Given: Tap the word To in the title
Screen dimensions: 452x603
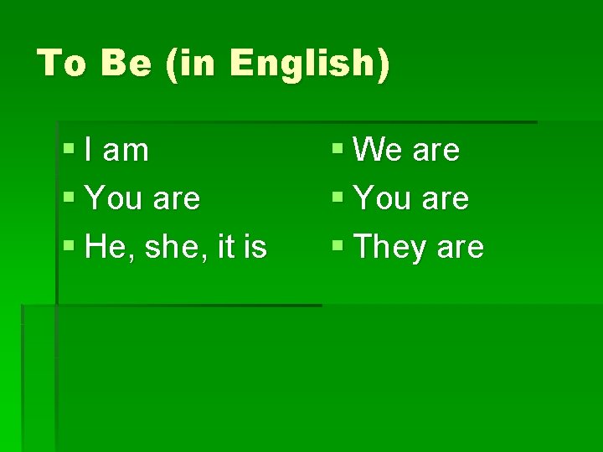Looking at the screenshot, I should pyautogui.click(x=61, y=64).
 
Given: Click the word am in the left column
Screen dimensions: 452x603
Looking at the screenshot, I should pyautogui.click(x=126, y=151).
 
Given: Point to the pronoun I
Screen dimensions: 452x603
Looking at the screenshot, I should pyautogui.click(x=90, y=151).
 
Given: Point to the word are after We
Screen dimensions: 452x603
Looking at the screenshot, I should pyautogui.click(x=436, y=151).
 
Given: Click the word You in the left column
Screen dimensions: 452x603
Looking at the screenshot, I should pyautogui.click(x=114, y=199).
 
